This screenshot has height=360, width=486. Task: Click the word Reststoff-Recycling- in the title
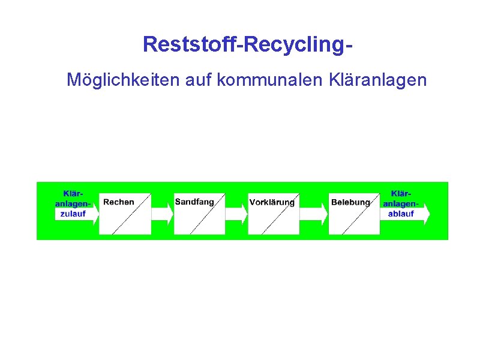(x=247, y=44)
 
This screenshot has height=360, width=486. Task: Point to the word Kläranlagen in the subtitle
(x=378, y=79)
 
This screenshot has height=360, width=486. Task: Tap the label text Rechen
(x=119, y=202)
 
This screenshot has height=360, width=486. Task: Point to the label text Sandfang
(x=194, y=202)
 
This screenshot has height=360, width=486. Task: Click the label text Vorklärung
(x=272, y=203)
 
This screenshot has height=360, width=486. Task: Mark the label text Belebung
(x=350, y=203)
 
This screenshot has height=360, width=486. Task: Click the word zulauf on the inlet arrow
(x=73, y=214)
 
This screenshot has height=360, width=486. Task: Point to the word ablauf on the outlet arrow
(x=401, y=214)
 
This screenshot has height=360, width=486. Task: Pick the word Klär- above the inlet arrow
(x=74, y=193)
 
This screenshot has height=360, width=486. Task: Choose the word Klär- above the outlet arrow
(x=401, y=193)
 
